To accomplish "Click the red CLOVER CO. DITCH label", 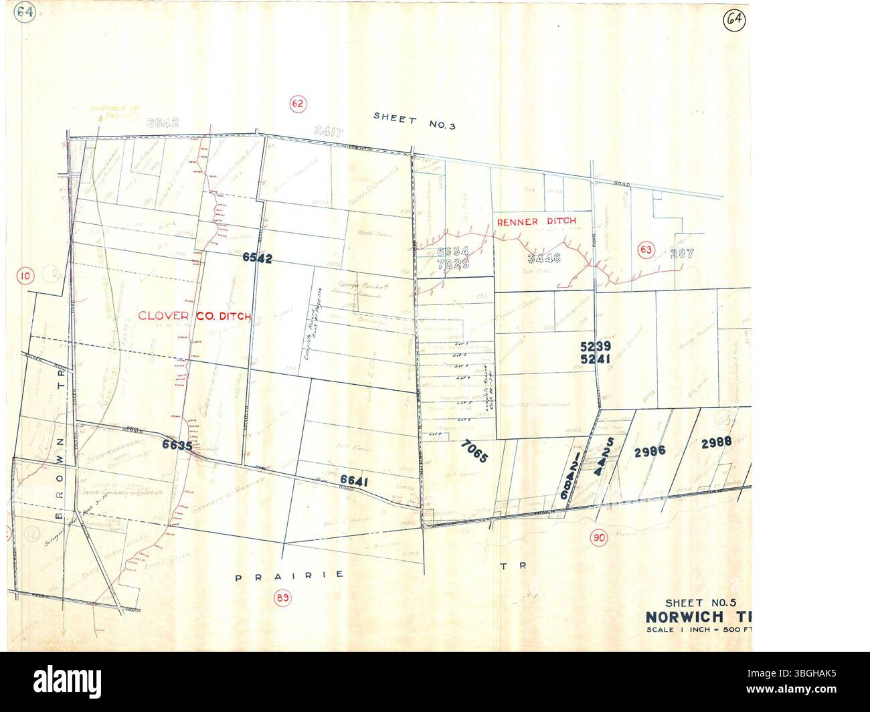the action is [x=194, y=317].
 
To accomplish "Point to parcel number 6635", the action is [x=177, y=444].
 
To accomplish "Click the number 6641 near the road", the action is [x=355, y=480].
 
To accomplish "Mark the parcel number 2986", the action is [x=649, y=450].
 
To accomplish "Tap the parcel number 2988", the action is [x=716, y=442].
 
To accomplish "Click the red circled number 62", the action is [x=298, y=103].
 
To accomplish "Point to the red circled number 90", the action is [x=599, y=537].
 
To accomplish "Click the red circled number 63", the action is [x=645, y=250].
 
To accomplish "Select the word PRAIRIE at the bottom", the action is [x=290, y=575].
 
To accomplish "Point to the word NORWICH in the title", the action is [x=679, y=616].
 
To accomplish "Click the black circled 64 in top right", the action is [x=734, y=21].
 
